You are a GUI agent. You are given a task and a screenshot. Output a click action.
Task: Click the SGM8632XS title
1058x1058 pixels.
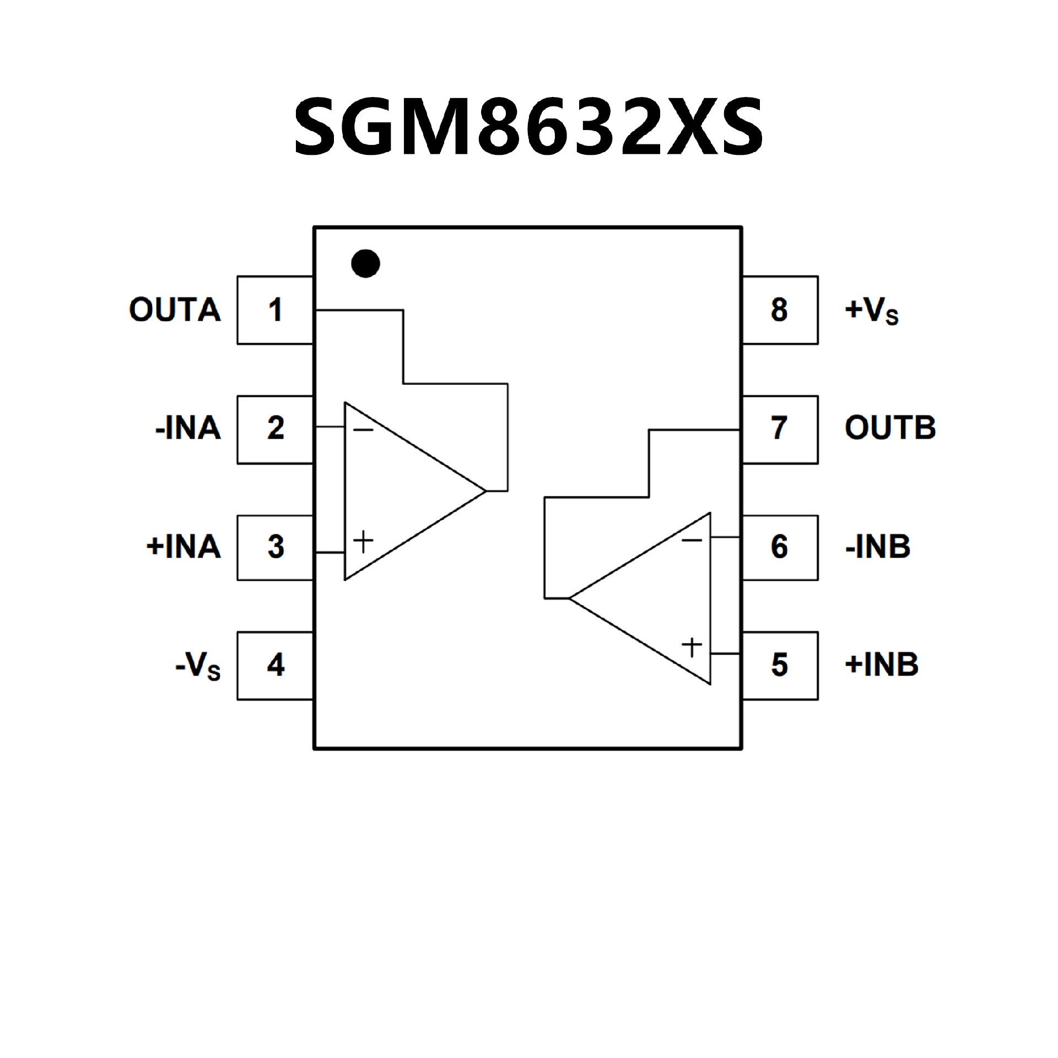click(x=528, y=127)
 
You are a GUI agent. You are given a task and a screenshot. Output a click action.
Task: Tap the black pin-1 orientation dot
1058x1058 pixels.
click(x=365, y=263)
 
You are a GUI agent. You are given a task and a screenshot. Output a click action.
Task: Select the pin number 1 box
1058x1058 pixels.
click(x=275, y=310)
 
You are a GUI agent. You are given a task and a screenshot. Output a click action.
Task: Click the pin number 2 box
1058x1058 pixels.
click(x=275, y=429)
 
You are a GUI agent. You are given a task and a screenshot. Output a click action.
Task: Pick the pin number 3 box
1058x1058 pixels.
click(x=275, y=548)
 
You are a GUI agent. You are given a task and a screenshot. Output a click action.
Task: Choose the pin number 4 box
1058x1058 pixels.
click(x=275, y=666)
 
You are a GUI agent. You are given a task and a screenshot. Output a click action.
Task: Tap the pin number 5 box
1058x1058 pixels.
click(x=780, y=666)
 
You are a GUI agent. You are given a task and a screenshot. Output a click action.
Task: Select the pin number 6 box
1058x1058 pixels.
click(x=780, y=548)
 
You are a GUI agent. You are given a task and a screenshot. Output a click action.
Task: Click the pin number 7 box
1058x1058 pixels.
click(x=780, y=429)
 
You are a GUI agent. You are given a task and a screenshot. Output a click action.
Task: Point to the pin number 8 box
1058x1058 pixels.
click(x=780, y=310)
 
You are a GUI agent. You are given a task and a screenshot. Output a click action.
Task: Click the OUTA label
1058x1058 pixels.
click(x=175, y=310)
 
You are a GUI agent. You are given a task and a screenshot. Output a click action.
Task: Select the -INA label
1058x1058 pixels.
click(x=188, y=429)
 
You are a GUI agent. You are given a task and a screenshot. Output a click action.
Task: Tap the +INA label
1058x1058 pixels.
click(x=183, y=548)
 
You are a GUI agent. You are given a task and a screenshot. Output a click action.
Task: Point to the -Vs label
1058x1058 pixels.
click(x=198, y=667)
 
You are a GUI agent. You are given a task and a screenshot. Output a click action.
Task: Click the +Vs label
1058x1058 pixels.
click(x=871, y=312)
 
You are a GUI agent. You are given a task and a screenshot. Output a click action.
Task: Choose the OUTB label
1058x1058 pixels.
click(x=890, y=429)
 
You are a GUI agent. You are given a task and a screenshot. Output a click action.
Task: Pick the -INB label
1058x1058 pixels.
click(x=877, y=548)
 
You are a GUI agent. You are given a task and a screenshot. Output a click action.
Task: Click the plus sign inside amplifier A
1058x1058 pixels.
click(x=363, y=541)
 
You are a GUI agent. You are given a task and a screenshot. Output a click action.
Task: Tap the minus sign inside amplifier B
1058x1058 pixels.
click(x=692, y=540)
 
